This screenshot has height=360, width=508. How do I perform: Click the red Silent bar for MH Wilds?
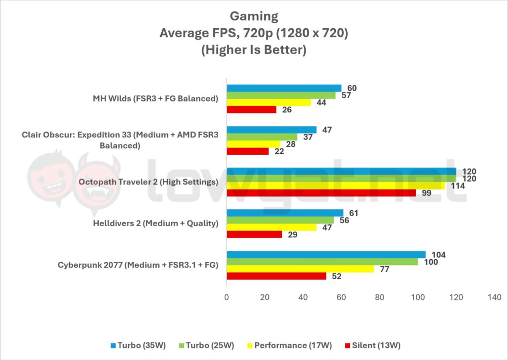pyautogui.click(x=252, y=110)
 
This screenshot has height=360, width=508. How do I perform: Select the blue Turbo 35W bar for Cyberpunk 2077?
pyautogui.click(x=326, y=254)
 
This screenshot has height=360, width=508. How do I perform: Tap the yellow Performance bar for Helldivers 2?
pyautogui.click(x=271, y=227)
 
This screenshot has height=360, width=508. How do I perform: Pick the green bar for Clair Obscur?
pyautogui.click(x=262, y=137)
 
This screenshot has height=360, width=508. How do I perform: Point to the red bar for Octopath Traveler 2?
pyautogui.click(x=321, y=192)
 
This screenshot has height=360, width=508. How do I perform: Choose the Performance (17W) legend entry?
pyautogui.click(x=292, y=345)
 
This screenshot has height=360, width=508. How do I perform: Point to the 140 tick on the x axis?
pyautogui.click(x=494, y=298)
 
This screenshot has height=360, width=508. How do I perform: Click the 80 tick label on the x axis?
pyautogui.click(x=380, y=298)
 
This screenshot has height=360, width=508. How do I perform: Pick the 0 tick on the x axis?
pyautogui.click(x=227, y=298)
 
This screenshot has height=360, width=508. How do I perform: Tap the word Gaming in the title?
pyautogui.click(x=254, y=16)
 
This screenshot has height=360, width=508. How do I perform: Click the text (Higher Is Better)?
pyautogui.click(x=254, y=50)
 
